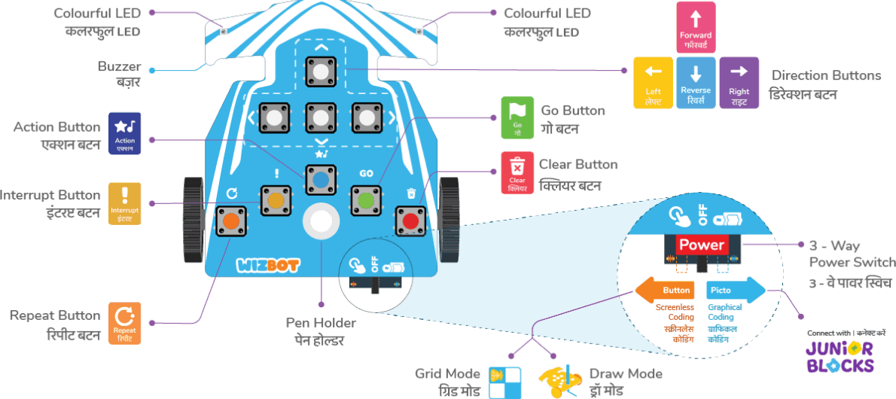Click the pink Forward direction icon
(695, 26)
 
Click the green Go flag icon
(517, 117)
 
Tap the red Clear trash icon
(517, 172)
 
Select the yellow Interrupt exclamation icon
(125, 203)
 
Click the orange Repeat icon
(125, 323)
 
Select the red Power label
(701, 245)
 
